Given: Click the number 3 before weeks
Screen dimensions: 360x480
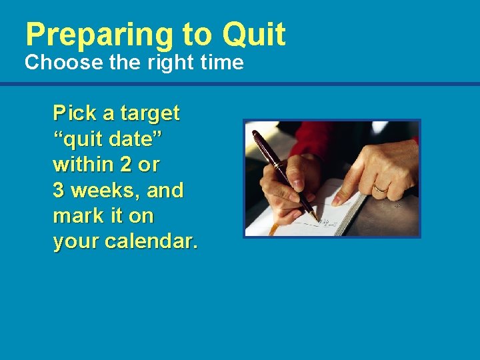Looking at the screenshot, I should coord(59,191).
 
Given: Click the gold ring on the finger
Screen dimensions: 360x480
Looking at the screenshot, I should coord(381,189).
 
